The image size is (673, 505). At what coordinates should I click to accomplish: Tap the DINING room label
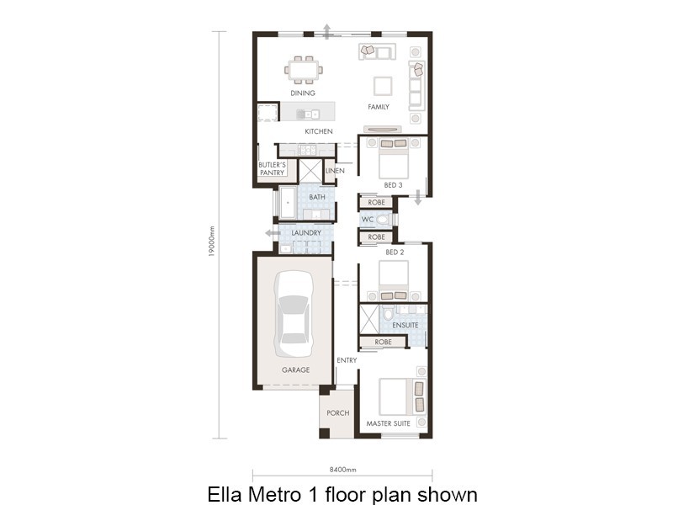click(303, 93)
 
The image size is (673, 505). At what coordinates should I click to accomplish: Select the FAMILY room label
click(379, 107)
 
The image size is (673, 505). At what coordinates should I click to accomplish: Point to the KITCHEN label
click(319, 131)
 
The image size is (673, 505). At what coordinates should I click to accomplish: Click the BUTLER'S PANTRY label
click(273, 168)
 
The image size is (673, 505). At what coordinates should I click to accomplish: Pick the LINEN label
click(335, 171)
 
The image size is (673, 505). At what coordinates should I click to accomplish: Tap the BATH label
click(317, 197)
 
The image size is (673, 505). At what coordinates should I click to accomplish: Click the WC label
click(367, 220)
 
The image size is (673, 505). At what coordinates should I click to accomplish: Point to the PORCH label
click(337, 413)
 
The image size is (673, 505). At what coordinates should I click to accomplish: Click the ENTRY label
click(347, 360)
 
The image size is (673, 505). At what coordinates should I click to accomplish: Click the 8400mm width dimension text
click(342, 469)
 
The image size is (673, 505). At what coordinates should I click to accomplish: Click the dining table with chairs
click(304, 68)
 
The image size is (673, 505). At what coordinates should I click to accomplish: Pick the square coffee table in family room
click(383, 85)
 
